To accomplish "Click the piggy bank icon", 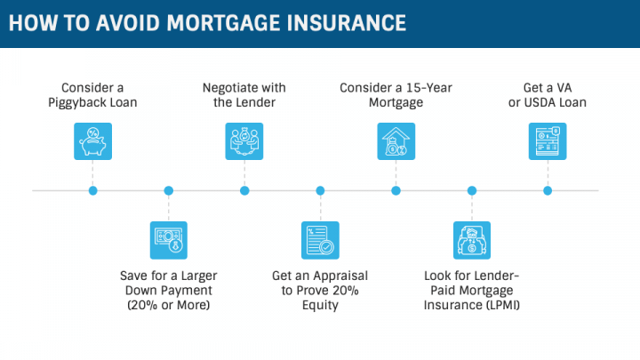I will point(93,140).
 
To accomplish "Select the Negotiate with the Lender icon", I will point(244,140).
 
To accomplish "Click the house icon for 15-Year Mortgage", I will point(396,140).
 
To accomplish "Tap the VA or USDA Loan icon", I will point(548,140).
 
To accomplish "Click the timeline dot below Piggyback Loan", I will point(93,190).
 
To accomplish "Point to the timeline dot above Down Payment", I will point(169,190).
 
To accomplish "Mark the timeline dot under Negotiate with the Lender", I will point(244,190).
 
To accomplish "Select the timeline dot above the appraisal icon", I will point(320,190).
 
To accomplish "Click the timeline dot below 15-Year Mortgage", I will point(396,190).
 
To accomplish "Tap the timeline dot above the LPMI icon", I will point(472,190).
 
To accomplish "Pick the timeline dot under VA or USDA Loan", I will point(548,190).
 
